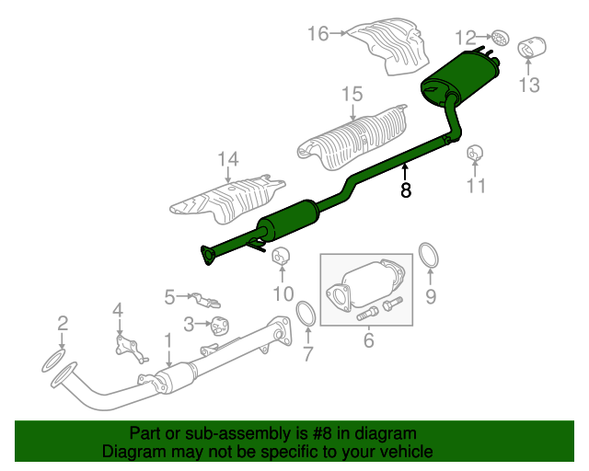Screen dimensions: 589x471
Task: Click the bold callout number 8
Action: click(x=406, y=190)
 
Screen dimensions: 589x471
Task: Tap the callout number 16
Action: click(x=318, y=33)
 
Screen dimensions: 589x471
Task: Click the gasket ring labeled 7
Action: click(x=306, y=314)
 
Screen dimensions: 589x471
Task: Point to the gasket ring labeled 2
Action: click(x=53, y=361)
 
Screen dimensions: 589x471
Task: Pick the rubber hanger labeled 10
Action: click(x=281, y=256)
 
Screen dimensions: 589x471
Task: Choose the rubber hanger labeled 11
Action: click(x=475, y=153)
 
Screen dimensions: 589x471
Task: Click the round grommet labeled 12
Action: click(x=500, y=38)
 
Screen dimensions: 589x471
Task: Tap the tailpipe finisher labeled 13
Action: click(x=532, y=48)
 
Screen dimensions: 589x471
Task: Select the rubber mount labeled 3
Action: click(x=220, y=326)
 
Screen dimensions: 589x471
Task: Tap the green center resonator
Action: click(x=288, y=221)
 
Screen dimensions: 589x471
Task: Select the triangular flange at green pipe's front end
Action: click(x=207, y=255)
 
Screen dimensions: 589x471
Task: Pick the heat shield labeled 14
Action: click(x=227, y=200)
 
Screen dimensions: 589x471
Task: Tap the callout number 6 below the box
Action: click(x=369, y=340)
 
